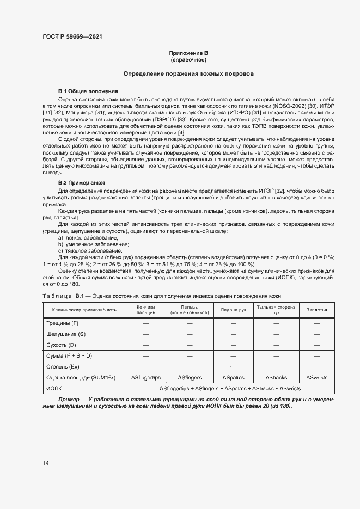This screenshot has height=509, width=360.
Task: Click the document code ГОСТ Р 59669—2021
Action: pyautogui.click(x=72, y=36)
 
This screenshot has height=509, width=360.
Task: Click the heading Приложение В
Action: pyautogui.click(x=188, y=53)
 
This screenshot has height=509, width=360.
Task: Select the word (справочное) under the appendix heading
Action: pyautogui.click(x=188, y=59)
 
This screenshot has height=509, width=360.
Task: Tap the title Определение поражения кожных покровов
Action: pyautogui.click(x=188, y=73)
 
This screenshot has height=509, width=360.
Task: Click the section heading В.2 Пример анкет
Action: pyautogui.click(x=82, y=182)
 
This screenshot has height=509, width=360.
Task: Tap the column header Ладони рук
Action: pyautogui.click(x=233, y=310)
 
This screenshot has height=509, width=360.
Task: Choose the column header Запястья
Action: pyautogui.click(x=317, y=310)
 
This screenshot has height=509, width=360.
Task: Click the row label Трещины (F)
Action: pyautogui.click(x=63, y=323)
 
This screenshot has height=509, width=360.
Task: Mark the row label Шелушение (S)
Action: pyautogui.click(x=66, y=334)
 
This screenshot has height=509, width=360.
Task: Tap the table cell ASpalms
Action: pyautogui.click(x=233, y=377)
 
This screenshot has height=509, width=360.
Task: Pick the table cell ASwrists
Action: pyautogui.click(x=317, y=377)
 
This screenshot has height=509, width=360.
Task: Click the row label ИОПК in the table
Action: pyautogui.click(x=56, y=388)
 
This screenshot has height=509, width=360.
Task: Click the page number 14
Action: pyautogui.click(x=46, y=463)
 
